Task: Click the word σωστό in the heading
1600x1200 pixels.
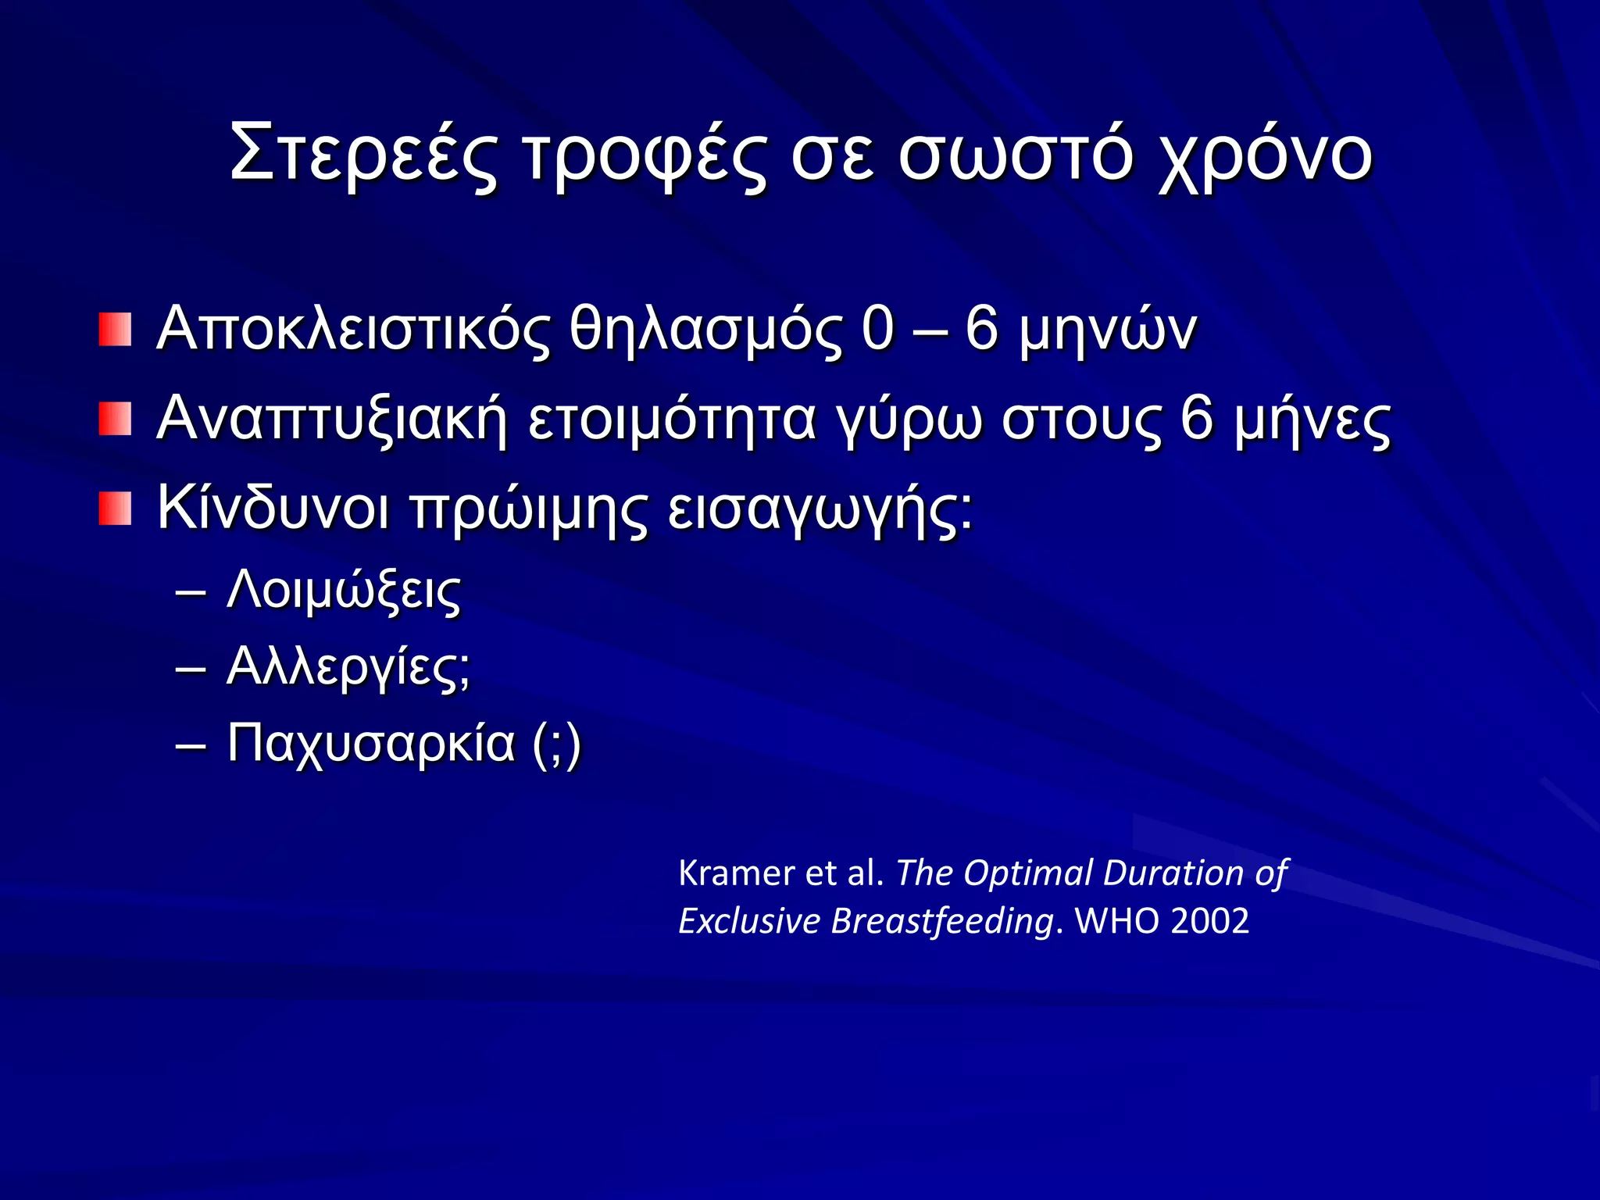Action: (x=1015, y=156)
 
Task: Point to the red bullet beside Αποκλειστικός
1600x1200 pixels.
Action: (x=115, y=329)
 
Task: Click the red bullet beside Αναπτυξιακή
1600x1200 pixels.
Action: (x=115, y=420)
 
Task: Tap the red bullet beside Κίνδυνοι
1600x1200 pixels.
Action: (x=115, y=509)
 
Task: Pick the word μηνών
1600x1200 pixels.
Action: (x=1108, y=330)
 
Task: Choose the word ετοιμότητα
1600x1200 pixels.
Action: (x=673, y=420)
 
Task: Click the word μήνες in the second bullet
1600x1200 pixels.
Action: (x=1312, y=420)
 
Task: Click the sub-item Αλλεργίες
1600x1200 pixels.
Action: (x=347, y=668)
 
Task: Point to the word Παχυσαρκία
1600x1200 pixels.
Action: (x=371, y=743)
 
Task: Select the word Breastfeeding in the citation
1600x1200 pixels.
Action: (x=942, y=921)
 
